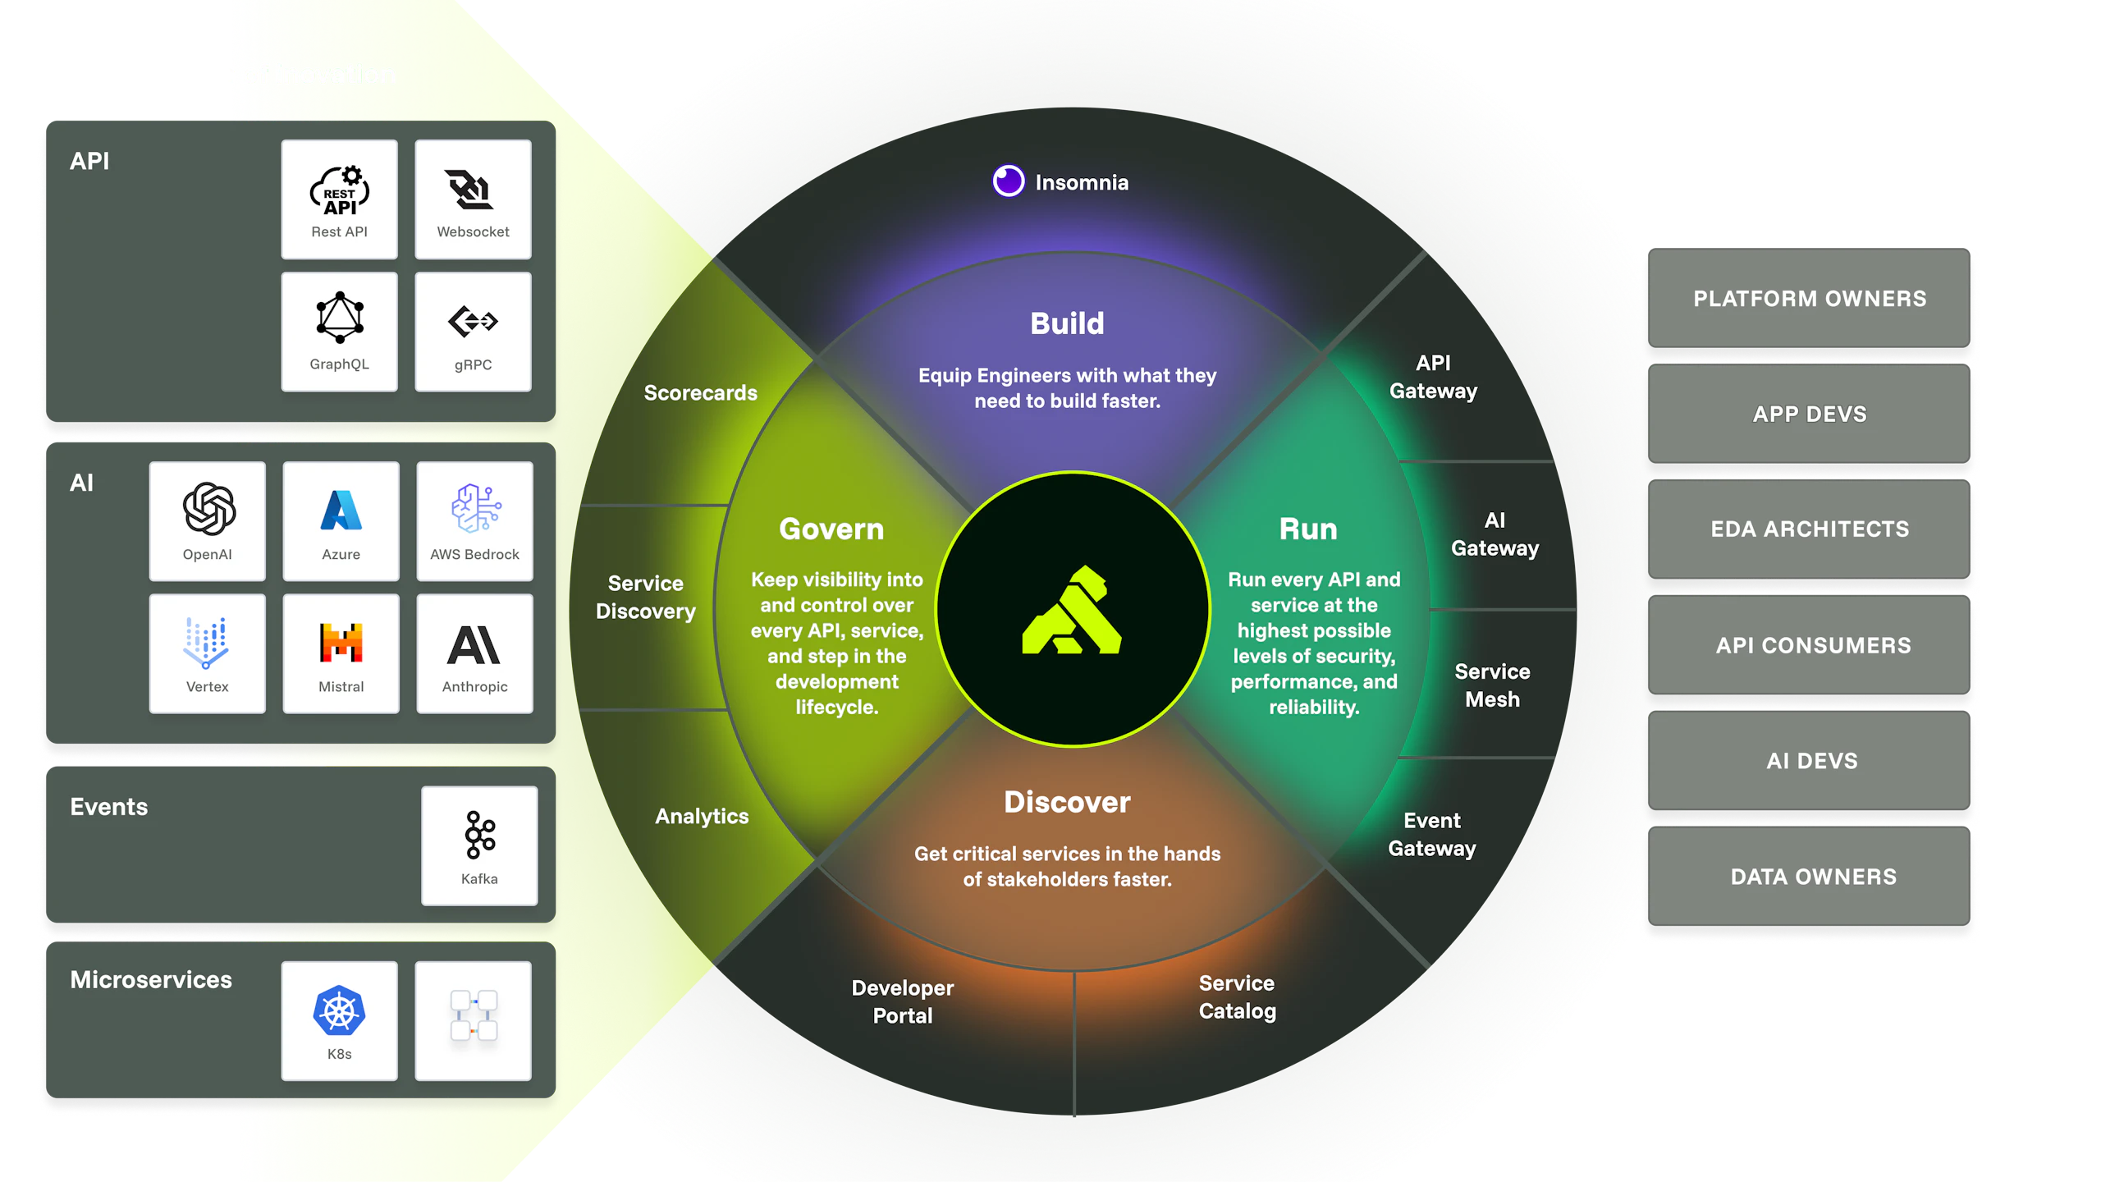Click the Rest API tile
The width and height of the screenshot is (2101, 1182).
[339, 199]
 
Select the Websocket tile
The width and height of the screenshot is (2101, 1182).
[473, 199]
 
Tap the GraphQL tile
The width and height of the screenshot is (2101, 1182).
[339, 332]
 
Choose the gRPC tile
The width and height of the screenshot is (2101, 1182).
[473, 332]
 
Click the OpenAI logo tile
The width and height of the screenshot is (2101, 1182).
[208, 520]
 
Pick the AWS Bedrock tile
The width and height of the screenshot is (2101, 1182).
[474, 520]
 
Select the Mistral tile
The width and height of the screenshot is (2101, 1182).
[341, 653]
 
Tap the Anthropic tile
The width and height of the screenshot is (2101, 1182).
[474, 653]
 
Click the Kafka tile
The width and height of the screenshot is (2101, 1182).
[479, 845]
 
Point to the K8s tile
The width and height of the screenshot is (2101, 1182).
[339, 1020]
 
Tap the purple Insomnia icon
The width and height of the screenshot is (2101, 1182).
[1008, 181]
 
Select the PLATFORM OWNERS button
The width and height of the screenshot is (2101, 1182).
[1809, 299]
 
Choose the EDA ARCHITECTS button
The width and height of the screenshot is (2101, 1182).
[1809, 529]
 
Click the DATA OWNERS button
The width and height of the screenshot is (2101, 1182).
[1812, 877]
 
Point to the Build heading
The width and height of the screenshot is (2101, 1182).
[1067, 323]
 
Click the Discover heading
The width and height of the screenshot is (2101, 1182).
[1067, 802]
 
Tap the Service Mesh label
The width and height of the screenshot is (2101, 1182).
[1492, 685]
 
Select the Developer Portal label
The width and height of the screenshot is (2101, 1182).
[902, 1001]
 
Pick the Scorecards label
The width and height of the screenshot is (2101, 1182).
[700, 393]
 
